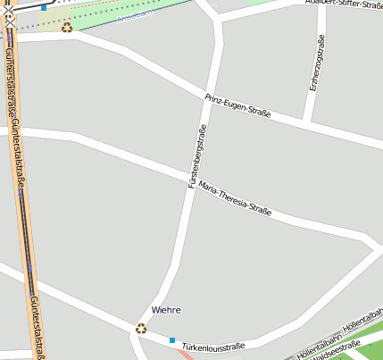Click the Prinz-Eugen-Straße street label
(237, 106)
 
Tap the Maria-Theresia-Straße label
(234, 198)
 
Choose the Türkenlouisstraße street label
(212, 346)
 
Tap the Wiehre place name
(166, 310)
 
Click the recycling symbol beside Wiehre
(140, 328)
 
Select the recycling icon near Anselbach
(67, 27)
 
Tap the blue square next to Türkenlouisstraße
(172, 340)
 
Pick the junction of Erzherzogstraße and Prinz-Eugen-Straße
(307, 121)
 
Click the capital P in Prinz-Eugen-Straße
(207, 96)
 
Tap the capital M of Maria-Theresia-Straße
(202, 185)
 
